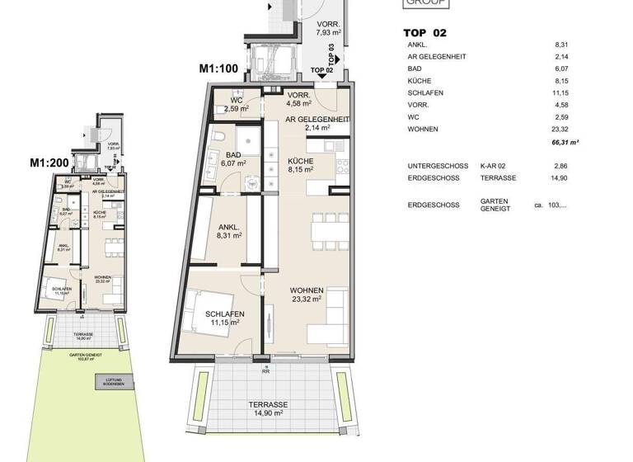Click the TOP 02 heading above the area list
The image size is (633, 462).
[424, 32]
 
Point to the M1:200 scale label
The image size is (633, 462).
[49, 163]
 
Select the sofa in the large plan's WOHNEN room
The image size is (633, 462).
[331, 321]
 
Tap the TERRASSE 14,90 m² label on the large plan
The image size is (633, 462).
[269, 410]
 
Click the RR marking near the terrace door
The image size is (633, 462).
[266, 371]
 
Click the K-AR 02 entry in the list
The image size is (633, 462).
[494, 166]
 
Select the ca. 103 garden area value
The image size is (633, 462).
[551, 205]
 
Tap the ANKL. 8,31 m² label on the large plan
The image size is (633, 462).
[229, 231]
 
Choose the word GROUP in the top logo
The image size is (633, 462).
[425, 3]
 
